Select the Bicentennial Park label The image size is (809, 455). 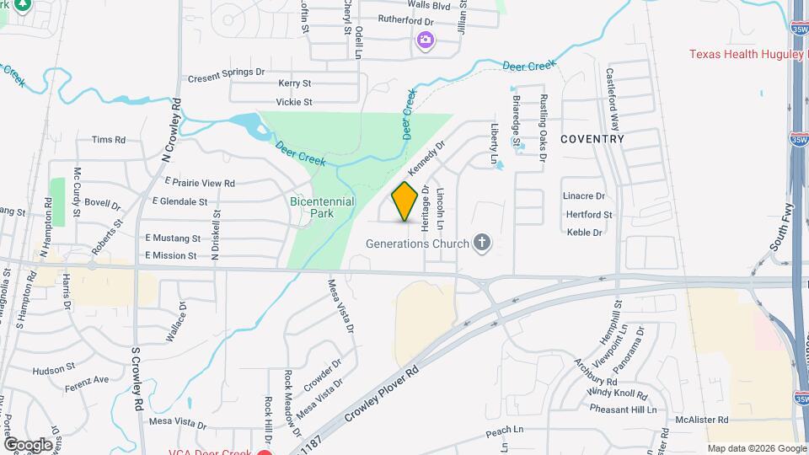tap(323, 207)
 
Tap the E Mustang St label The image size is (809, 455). tap(173, 238)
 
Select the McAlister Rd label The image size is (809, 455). tap(701, 420)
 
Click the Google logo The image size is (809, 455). tap(28, 444)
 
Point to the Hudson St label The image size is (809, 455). tap(54, 370)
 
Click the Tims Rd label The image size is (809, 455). tap(108, 140)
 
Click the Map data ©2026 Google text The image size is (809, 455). tap(756, 448)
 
